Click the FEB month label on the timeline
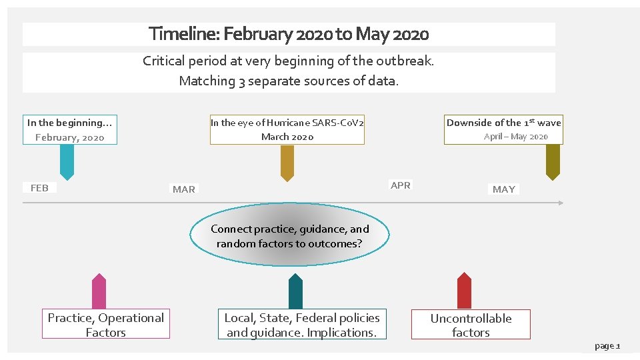click(39, 188)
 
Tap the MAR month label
click(184, 189)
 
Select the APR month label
click(401, 185)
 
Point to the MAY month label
click(504, 189)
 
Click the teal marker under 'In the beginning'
click(67, 162)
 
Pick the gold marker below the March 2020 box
click(287, 163)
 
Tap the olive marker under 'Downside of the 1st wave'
click(553, 162)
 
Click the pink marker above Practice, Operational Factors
click(99, 291)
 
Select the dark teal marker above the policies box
click(295, 291)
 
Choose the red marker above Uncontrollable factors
click(464, 291)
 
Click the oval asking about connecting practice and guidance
click(289, 236)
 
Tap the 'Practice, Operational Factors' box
click(106, 325)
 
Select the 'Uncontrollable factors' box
click(471, 325)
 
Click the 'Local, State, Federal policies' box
click(302, 325)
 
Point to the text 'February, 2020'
click(70, 137)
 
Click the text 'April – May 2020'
click(516, 137)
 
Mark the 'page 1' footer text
click(607, 346)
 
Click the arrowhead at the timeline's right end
click(560, 202)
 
